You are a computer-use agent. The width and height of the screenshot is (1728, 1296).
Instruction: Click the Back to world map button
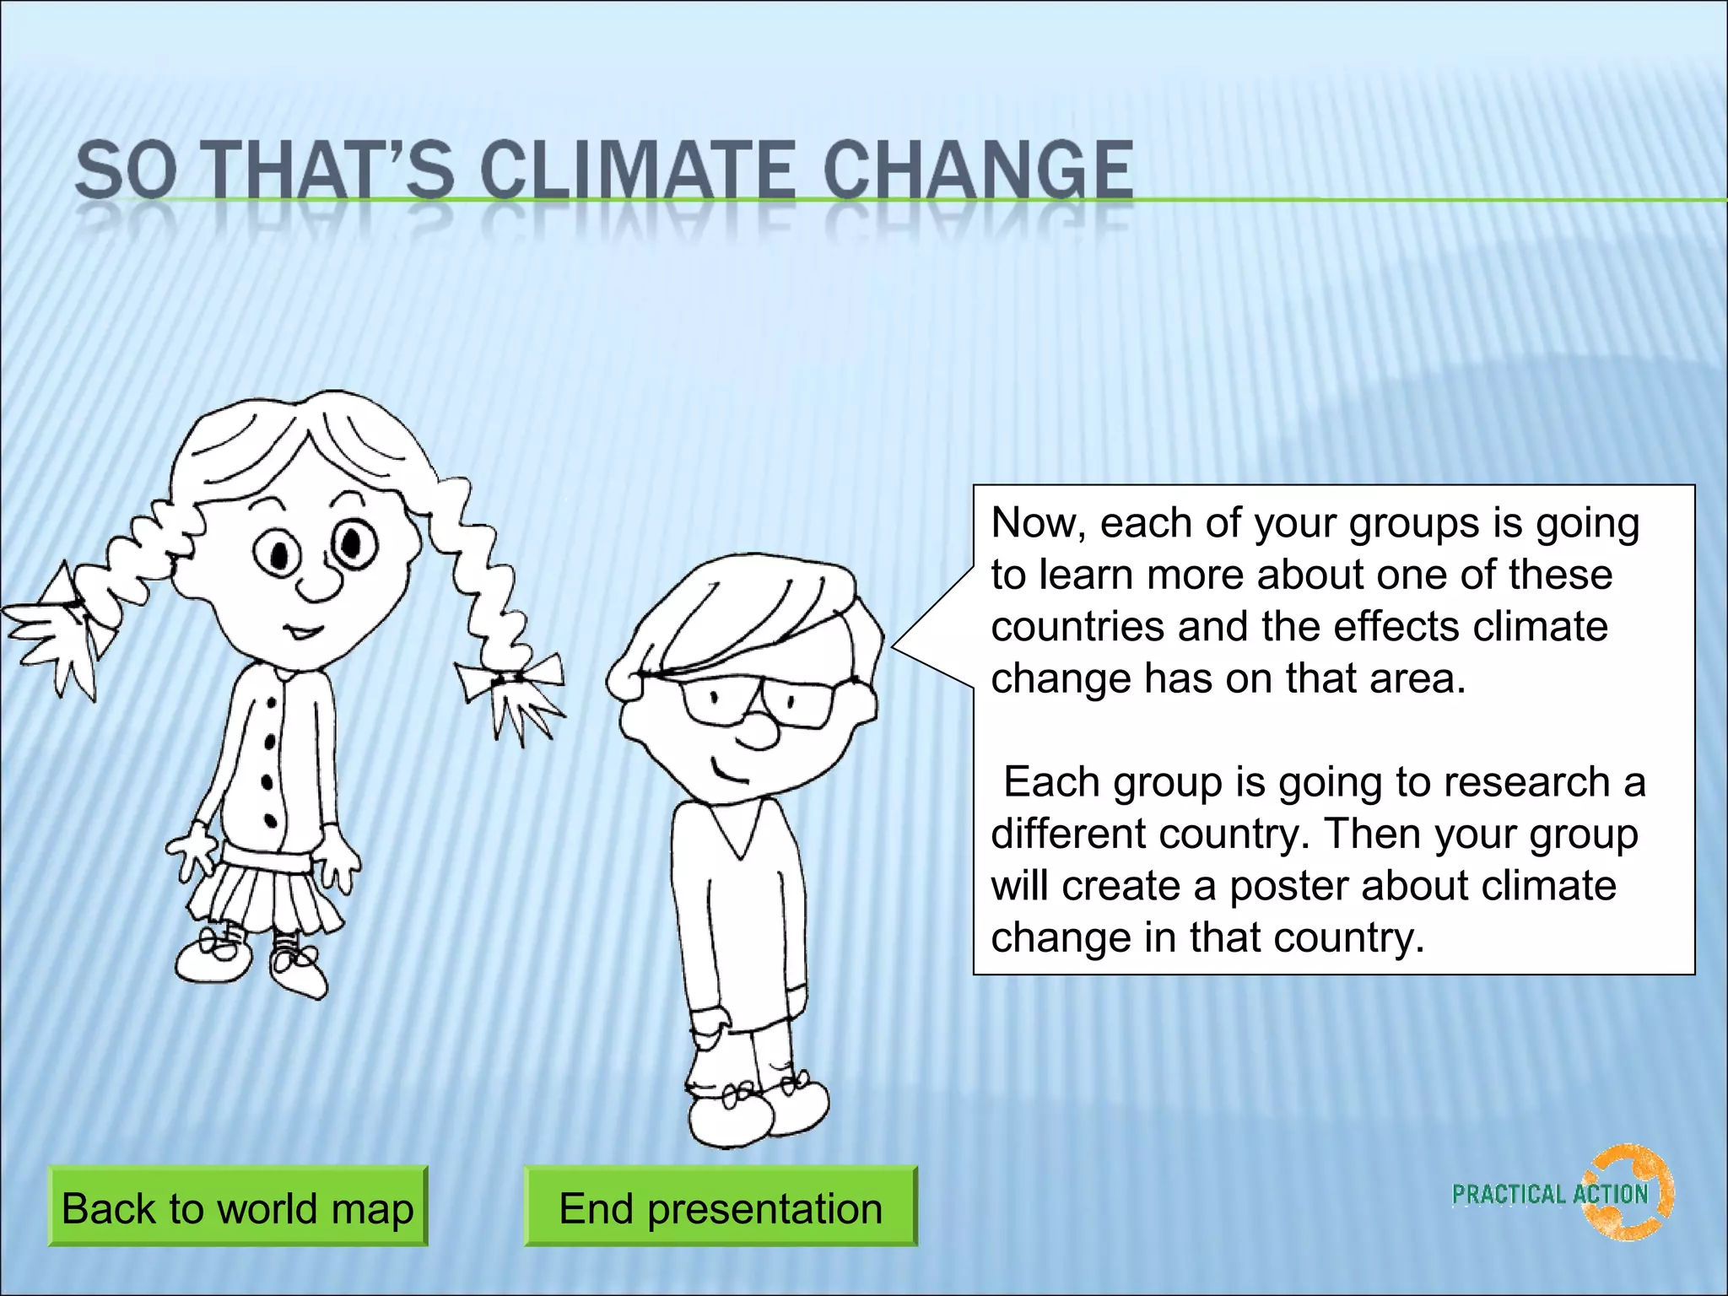tap(237, 1207)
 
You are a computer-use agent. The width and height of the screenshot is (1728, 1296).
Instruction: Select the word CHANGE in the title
tap(978, 170)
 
